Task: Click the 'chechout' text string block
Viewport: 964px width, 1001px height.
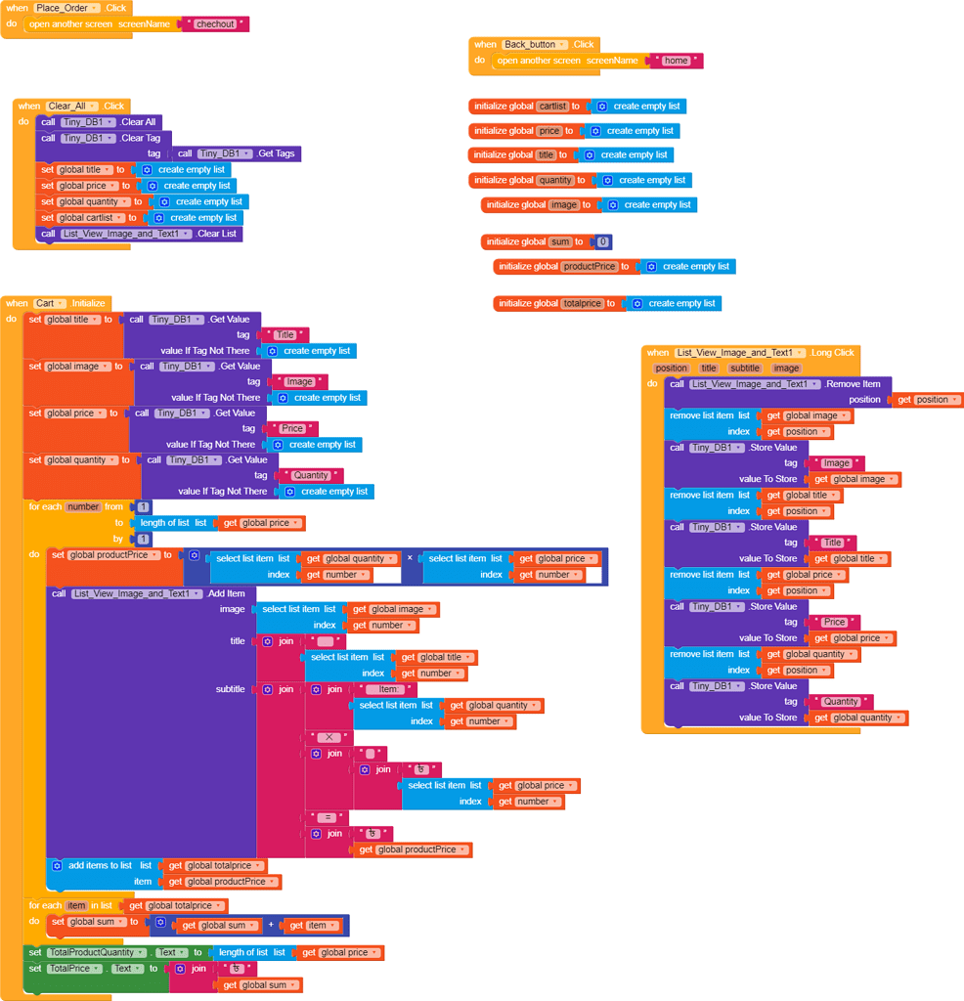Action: [x=215, y=23]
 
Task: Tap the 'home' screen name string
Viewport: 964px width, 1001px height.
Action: [x=676, y=61]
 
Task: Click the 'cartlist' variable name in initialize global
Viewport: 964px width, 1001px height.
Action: [x=553, y=107]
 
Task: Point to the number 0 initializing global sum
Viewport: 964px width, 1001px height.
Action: [x=603, y=241]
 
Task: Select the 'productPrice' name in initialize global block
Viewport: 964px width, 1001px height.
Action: [x=590, y=267]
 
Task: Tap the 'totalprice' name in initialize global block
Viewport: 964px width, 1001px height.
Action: [x=583, y=304]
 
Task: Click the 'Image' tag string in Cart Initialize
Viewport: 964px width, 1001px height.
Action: [x=299, y=382]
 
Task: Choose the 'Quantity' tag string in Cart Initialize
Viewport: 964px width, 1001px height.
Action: [x=311, y=476]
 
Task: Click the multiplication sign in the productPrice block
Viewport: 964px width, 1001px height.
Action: [x=410, y=558]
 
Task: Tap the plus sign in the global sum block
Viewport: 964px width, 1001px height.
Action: [x=272, y=926]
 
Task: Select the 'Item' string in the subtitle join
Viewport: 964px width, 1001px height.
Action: [x=387, y=689]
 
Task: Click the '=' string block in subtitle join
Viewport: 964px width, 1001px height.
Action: [x=327, y=817]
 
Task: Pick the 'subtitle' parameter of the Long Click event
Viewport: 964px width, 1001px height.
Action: [x=745, y=369]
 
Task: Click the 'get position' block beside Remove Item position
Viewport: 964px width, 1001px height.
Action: [x=927, y=400]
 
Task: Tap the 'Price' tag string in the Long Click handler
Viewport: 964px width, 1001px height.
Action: [x=834, y=622]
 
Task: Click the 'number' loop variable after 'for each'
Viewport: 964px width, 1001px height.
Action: [x=83, y=507]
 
